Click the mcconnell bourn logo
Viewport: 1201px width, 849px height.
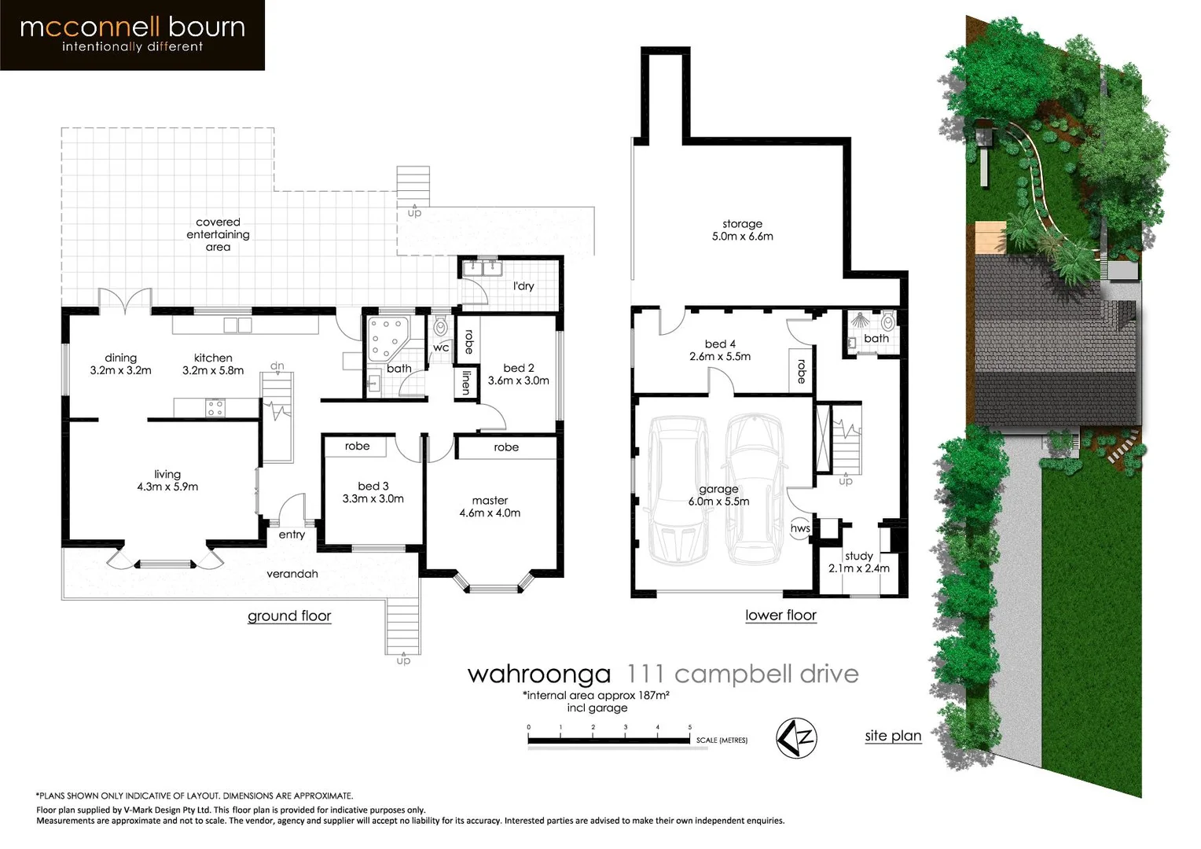(132, 35)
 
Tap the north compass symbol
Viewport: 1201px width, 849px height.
(796, 737)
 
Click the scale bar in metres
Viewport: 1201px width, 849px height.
(609, 739)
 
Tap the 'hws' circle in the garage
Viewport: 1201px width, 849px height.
(800, 528)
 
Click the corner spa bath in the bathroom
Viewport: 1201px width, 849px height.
(386, 338)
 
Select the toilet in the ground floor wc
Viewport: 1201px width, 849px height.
(440, 326)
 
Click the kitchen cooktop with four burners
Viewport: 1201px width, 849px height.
(215, 408)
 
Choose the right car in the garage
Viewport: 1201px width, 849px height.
(754, 489)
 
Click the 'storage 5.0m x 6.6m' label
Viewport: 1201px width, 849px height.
(742, 230)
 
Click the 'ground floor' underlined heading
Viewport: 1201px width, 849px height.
(289, 616)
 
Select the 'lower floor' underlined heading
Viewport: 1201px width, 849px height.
(780, 615)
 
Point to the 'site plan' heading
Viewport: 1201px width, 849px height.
(893, 736)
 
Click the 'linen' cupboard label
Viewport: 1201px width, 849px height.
(466, 383)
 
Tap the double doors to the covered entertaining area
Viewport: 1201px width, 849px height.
(124, 302)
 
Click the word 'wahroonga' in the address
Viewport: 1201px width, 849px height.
(538, 674)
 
